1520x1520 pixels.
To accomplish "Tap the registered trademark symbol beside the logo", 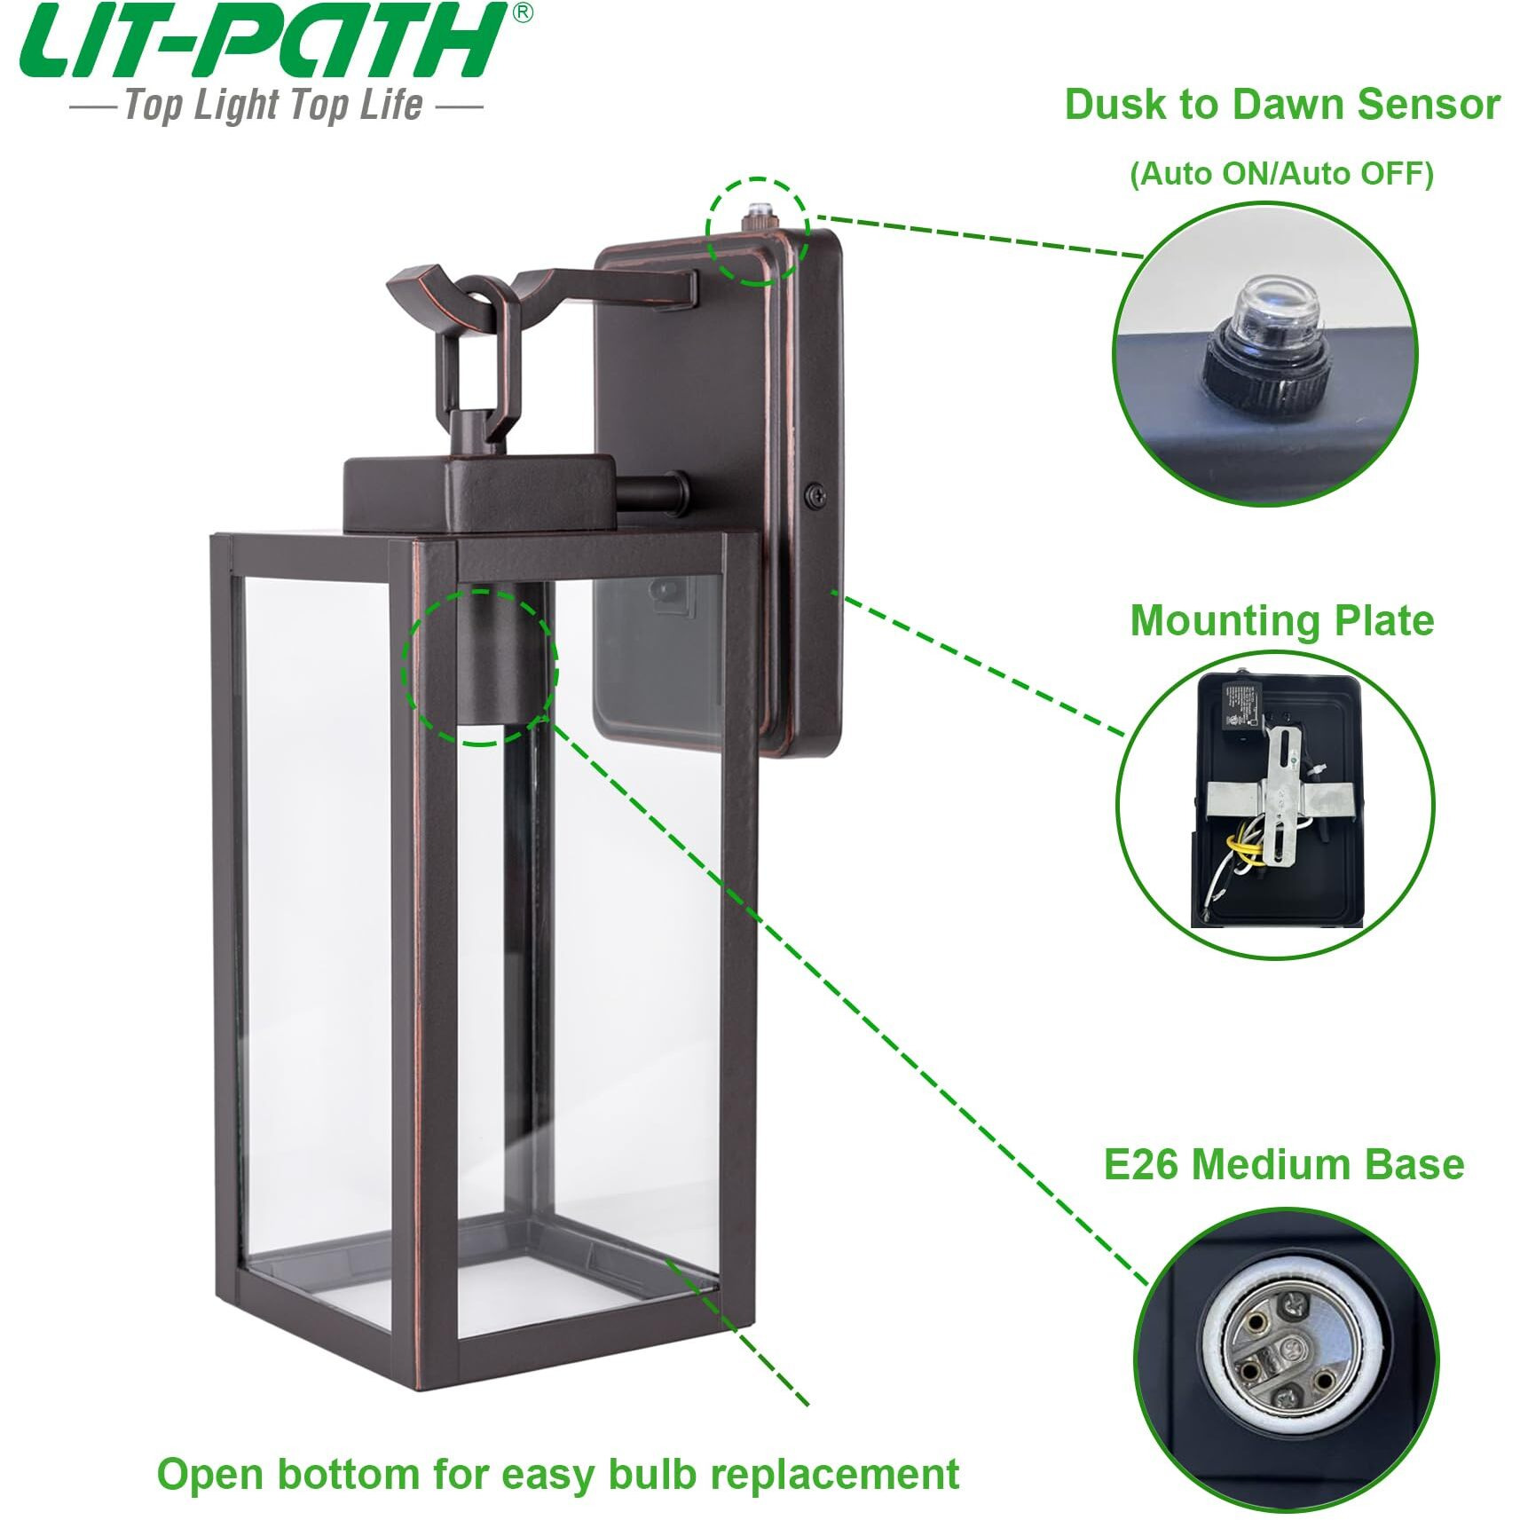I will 524,13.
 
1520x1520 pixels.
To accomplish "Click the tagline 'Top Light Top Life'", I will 273,106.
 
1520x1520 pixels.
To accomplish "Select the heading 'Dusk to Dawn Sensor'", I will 1281,105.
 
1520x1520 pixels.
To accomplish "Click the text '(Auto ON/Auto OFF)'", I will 1281,173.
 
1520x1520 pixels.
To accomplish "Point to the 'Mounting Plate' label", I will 1281,620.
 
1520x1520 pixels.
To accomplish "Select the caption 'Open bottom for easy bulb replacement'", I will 557,1475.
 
